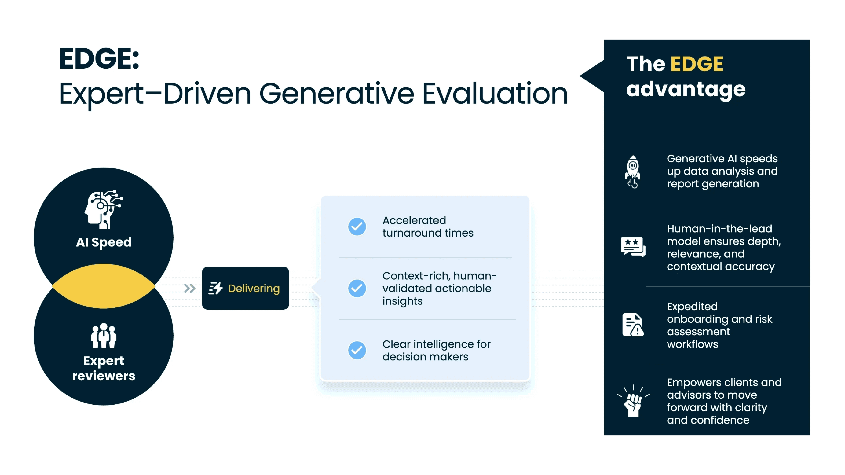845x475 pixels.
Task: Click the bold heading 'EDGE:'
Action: (99, 59)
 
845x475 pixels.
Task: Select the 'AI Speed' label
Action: (104, 243)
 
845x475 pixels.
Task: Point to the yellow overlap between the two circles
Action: (104, 286)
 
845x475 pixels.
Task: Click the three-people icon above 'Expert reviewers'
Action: (104, 336)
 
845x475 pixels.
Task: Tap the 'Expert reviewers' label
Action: (104, 368)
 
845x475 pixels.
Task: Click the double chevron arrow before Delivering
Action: (190, 289)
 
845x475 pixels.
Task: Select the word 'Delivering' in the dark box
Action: (254, 289)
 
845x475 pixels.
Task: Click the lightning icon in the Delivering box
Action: (215, 289)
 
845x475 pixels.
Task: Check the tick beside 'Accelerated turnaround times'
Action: (357, 227)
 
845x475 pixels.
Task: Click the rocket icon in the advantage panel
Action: (633, 172)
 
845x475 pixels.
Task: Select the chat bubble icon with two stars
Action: (633, 247)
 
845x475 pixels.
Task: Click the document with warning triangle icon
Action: (633, 325)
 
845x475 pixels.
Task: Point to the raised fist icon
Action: (633, 401)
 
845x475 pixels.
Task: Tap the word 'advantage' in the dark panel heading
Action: (686, 89)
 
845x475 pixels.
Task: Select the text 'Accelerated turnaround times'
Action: (428, 227)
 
